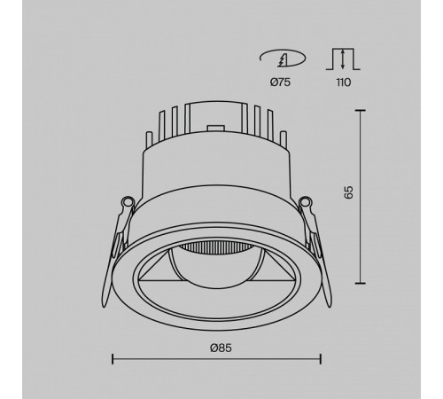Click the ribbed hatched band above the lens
[216, 246]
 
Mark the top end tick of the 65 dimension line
[361, 110]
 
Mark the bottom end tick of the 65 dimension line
[361, 283]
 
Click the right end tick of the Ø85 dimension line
[320, 358]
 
